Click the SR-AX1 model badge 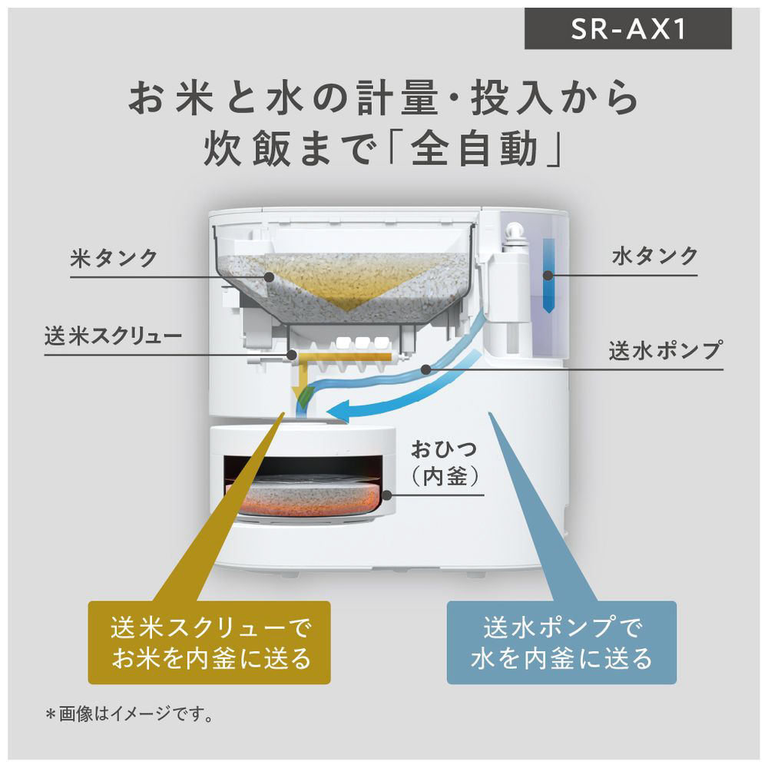[628, 28]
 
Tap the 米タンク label [114, 258]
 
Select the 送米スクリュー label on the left [113, 336]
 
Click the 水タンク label [654, 257]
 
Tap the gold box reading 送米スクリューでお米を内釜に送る [209, 642]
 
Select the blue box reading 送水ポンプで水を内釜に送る [561, 641]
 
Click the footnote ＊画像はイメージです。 [129, 714]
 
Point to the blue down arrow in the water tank [548, 276]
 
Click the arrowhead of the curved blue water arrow [338, 410]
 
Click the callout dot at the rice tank [268, 276]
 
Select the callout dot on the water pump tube [426, 369]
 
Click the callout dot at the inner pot [386, 495]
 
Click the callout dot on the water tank [548, 275]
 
